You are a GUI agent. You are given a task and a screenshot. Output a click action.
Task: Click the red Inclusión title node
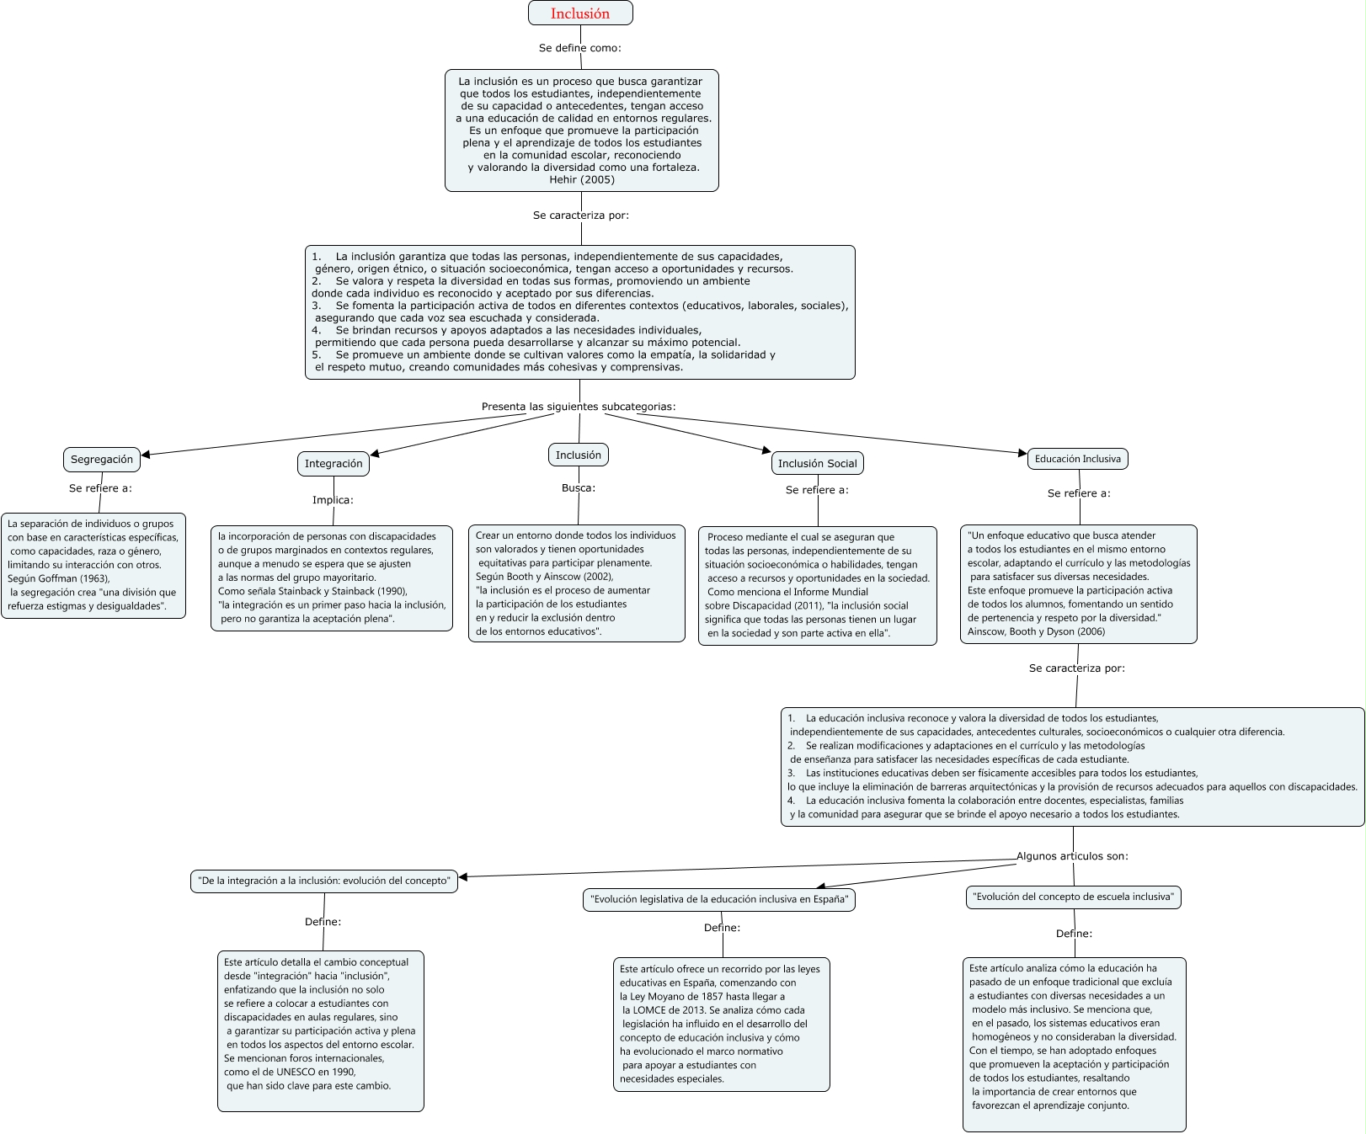point(580,13)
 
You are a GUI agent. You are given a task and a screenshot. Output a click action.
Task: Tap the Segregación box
point(101,460)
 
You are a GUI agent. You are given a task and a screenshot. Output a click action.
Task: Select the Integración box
point(333,464)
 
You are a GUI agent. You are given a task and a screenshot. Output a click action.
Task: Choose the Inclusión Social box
point(817,464)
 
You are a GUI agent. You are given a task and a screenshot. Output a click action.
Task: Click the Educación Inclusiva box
point(1077,459)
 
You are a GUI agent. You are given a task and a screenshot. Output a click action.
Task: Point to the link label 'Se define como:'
point(580,48)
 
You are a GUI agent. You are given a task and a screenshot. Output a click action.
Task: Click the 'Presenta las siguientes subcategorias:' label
point(579,407)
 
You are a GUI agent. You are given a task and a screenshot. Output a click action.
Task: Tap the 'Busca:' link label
point(579,487)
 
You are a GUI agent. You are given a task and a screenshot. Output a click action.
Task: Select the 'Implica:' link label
point(333,500)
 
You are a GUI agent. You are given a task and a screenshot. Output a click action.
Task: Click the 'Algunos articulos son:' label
point(1072,856)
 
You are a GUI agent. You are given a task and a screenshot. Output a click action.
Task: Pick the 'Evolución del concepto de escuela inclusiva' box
point(1073,897)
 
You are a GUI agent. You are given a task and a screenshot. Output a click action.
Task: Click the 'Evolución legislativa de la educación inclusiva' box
point(719,900)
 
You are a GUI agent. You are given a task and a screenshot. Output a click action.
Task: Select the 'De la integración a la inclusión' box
point(324,881)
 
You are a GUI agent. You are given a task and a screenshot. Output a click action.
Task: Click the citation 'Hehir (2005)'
point(582,179)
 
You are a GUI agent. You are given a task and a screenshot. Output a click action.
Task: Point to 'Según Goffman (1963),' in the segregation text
point(59,578)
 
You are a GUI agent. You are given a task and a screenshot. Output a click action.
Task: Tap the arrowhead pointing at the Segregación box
point(146,455)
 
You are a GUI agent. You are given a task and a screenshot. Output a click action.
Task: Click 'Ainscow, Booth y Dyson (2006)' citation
point(1036,631)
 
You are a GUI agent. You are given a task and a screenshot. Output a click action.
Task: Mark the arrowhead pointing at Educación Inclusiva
point(1023,454)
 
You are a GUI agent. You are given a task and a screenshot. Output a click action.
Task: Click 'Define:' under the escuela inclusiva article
point(1074,934)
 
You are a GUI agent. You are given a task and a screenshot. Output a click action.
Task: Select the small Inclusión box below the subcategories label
point(579,455)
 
